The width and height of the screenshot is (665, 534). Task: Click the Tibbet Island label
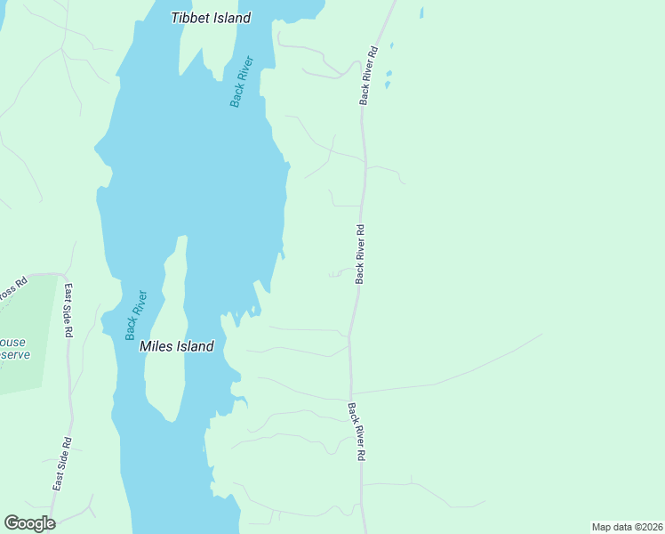coord(211,18)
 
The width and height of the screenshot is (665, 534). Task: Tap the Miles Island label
coord(177,346)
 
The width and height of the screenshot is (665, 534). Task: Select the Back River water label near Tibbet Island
coord(242,82)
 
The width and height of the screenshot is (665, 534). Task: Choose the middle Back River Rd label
coord(360,254)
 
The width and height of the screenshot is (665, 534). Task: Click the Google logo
coord(29,523)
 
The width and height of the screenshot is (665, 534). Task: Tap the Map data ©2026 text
coord(626,527)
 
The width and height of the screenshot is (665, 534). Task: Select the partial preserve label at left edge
coord(13,348)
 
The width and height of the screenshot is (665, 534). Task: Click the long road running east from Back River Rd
coord(445,383)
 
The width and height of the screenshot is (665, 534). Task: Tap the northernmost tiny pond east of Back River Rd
coord(421,12)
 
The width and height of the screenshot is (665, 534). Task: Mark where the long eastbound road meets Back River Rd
coord(351,393)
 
